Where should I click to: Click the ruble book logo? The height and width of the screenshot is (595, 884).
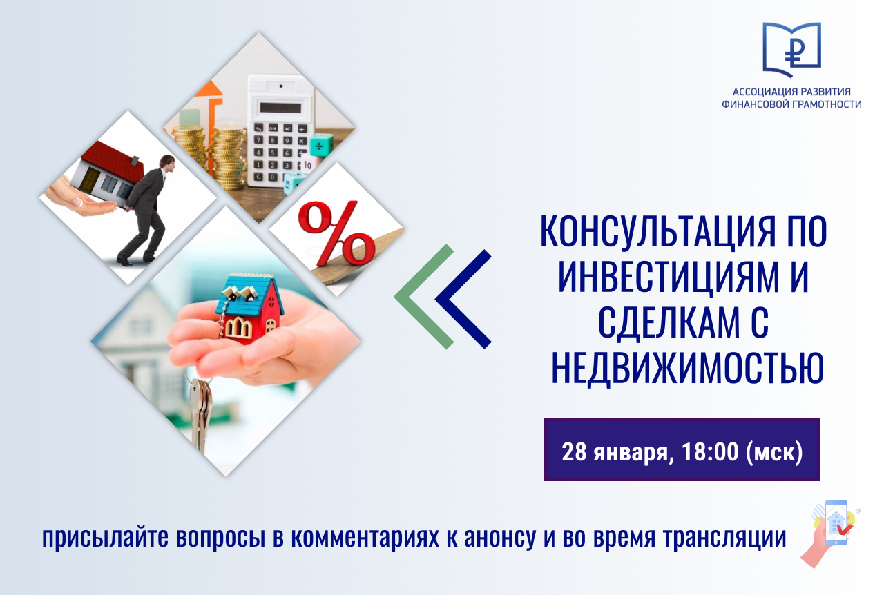pyautogui.click(x=791, y=50)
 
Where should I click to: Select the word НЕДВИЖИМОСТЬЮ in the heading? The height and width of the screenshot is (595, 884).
pyautogui.click(x=687, y=368)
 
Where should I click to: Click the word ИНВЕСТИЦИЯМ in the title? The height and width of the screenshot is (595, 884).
pyautogui.click(x=669, y=277)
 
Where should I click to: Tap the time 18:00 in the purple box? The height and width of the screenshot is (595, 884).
pyautogui.click(x=710, y=451)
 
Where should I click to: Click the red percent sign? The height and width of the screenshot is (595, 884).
pyautogui.click(x=336, y=233)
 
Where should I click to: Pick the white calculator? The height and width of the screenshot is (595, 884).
pyautogui.click(x=280, y=130)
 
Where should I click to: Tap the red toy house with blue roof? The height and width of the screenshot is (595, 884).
pyautogui.click(x=249, y=308)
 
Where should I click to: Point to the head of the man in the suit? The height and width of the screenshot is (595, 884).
pyautogui.click(x=167, y=163)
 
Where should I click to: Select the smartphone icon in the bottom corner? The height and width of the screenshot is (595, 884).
pyautogui.click(x=836, y=523)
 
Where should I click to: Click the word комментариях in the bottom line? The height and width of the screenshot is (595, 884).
pyautogui.click(x=365, y=538)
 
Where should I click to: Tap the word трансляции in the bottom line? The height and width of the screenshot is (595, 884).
pyautogui.click(x=724, y=538)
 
